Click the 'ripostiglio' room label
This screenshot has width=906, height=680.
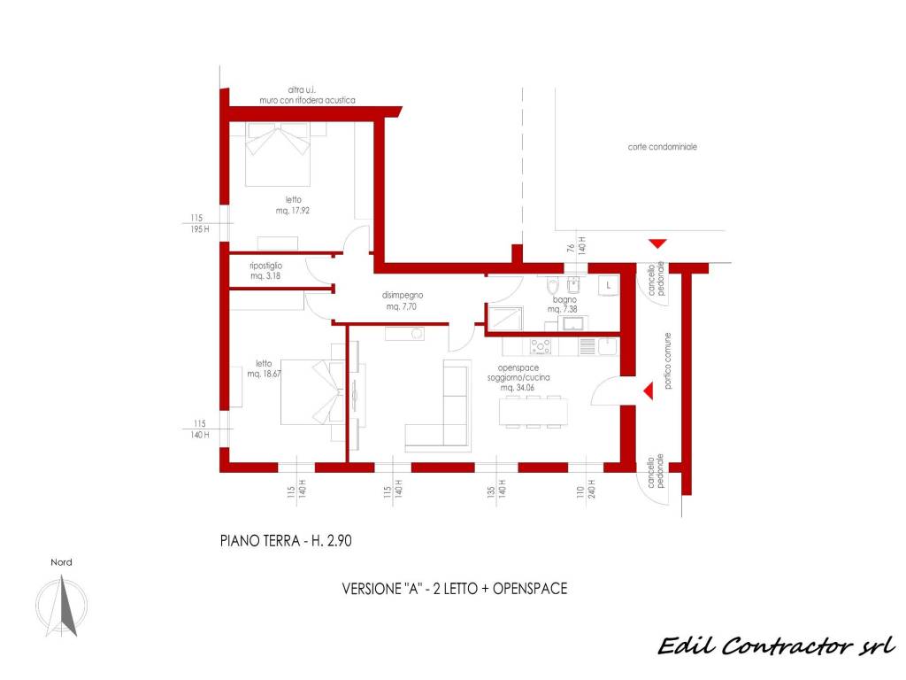pos(265,266)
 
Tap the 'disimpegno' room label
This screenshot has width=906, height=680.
pos(403,295)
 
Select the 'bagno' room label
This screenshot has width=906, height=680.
pos(564,299)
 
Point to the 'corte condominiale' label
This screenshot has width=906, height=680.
pos(662,147)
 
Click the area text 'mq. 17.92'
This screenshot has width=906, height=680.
pos(292,211)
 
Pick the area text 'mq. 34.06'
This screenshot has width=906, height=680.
pos(518,388)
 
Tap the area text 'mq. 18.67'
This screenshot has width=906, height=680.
pos(264,374)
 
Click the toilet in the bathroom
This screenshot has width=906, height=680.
pos(552,286)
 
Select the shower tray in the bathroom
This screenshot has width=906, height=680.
pos(505,319)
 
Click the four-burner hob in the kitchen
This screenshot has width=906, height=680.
pos(541,346)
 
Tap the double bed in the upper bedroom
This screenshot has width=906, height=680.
pos(278,154)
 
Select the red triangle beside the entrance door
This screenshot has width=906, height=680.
pos(649,390)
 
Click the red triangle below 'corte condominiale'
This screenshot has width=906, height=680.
pos(657,243)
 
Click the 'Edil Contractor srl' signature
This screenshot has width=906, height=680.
pos(777,645)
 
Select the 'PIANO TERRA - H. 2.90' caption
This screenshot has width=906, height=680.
pos(286,541)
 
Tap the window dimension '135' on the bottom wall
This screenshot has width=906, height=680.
pos(491,492)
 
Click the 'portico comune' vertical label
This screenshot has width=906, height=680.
pos(667,361)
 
